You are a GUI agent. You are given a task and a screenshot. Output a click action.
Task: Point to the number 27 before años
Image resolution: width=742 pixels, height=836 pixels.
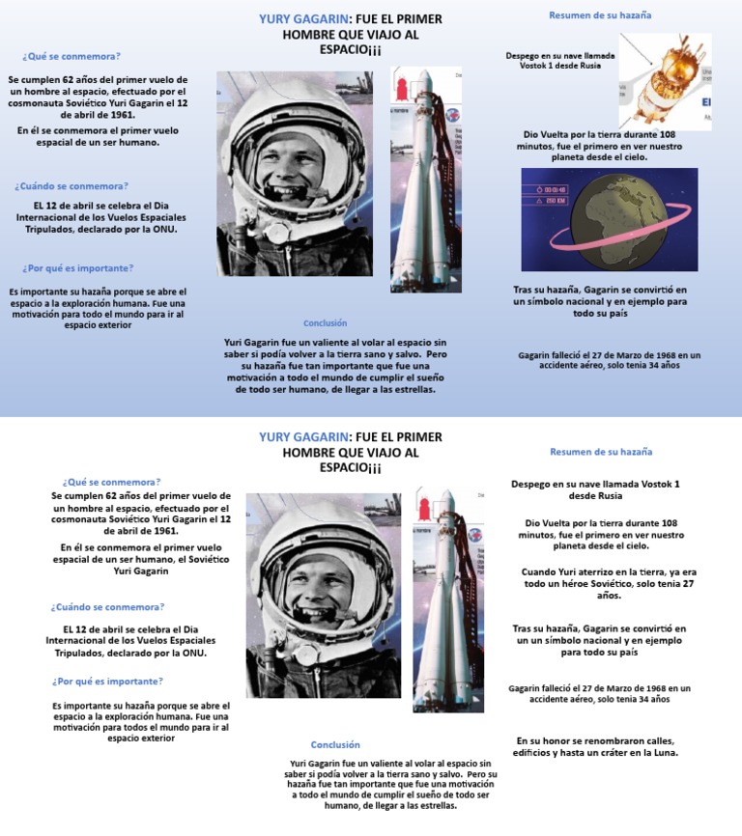689,584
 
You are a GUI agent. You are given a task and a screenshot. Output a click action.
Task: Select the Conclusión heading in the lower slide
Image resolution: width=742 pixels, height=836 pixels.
335,744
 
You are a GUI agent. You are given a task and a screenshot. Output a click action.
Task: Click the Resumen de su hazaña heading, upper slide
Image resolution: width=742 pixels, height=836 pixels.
600,15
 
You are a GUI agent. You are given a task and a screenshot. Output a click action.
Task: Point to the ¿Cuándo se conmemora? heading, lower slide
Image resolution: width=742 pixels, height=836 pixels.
107,607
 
